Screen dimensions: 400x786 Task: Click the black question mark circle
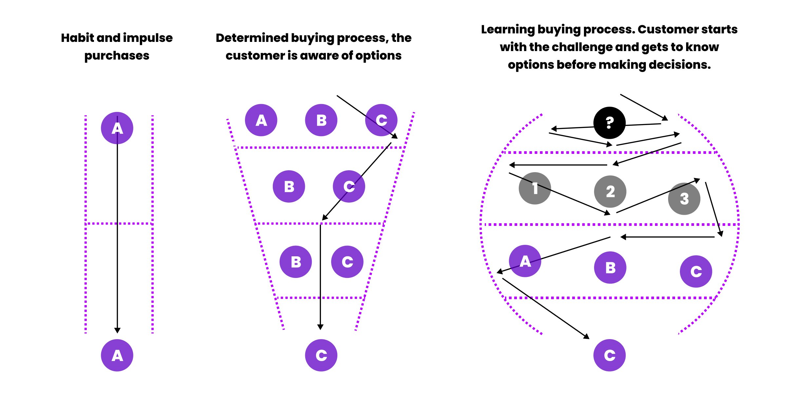[609, 123]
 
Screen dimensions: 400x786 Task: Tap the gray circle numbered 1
[535, 188]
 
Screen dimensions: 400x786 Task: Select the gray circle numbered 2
[610, 191]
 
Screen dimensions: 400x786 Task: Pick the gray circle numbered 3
[684, 199]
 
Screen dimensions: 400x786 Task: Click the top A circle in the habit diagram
[117, 128]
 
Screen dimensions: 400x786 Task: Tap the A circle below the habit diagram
[117, 355]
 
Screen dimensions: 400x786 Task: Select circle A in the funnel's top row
[261, 120]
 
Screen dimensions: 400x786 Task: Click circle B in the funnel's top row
[321, 120]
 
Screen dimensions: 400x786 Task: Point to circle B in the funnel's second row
[289, 186]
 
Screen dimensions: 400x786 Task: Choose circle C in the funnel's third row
[347, 262]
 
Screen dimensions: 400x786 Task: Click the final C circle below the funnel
[321, 355]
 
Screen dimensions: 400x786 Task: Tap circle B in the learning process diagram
[610, 267]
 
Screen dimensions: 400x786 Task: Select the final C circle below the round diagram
[609, 355]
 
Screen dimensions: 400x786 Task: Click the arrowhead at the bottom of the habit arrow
[117, 330]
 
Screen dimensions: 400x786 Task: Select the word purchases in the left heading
[117, 56]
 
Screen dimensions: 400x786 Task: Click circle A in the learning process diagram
[525, 261]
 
